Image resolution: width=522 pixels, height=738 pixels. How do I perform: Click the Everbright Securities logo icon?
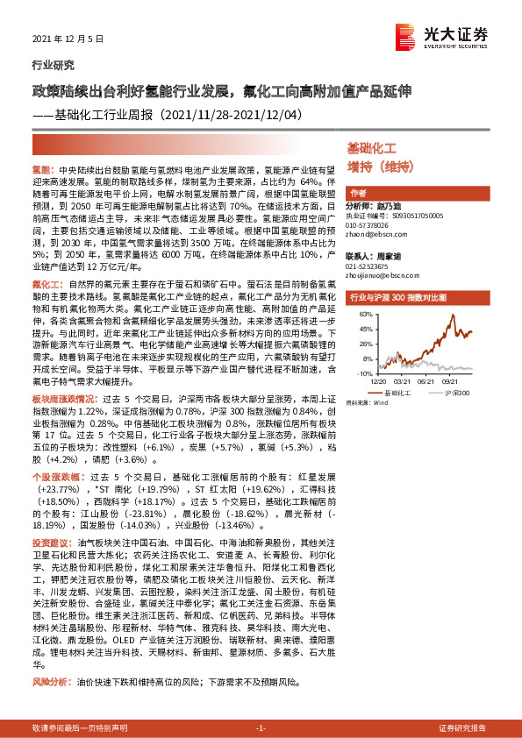pyautogui.click(x=404, y=35)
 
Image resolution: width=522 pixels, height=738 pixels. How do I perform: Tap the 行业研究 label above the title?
pyautogui.click(x=49, y=66)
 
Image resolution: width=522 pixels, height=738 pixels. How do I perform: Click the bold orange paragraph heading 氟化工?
pyautogui.click(x=46, y=285)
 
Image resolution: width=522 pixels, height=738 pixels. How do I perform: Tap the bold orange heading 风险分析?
pyautogui.click(x=50, y=680)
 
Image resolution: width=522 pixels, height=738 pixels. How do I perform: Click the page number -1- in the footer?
pyautogui.click(x=261, y=728)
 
